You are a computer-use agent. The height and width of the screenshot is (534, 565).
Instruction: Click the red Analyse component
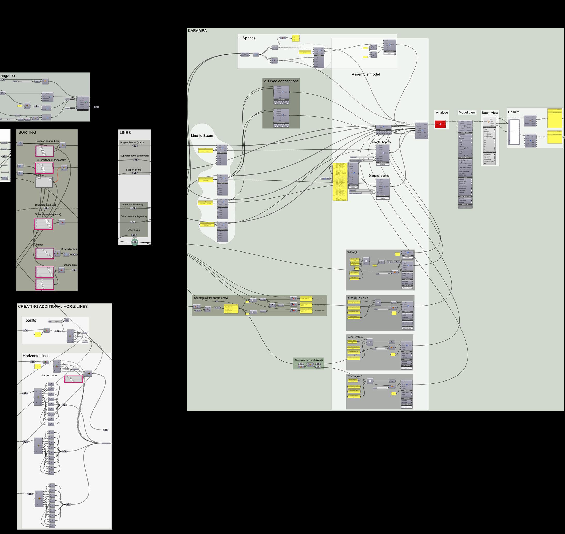pyautogui.click(x=440, y=124)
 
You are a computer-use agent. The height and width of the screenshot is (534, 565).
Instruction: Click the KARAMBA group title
pyautogui.click(x=197, y=31)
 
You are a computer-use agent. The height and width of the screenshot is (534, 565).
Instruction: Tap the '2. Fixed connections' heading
pyautogui.click(x=281, y=81)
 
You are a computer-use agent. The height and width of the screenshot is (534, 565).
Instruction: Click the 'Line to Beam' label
pyautogui.click(x=202, y=136)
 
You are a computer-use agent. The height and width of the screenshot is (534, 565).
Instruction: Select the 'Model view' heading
pyautogui.click(x=467, y=113)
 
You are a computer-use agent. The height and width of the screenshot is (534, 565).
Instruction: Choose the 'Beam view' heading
pyautogui.click(x=490, y=113)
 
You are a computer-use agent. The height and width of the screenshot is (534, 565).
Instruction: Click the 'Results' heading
pyautogui.click(x=513, y=112)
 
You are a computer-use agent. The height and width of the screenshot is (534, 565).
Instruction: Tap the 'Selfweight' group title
pyautogui.click(x=352, y=253)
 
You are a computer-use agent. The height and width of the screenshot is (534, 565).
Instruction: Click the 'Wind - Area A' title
pyautogui.click(x=355, y=337)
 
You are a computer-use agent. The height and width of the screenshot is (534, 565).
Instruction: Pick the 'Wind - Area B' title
pyautogui.click(x=355, y=377)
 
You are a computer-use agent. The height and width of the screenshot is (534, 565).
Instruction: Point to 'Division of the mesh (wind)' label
pyautogui.click(x=308, y=360)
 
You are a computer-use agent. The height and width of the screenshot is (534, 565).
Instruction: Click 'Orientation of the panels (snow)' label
pyautogui.click(x=211, y=298)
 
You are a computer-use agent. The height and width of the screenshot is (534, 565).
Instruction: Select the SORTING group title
pyautogui.click(x=27, y=133)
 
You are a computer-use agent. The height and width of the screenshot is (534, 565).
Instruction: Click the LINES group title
pyautogui.click(x=125, y=133)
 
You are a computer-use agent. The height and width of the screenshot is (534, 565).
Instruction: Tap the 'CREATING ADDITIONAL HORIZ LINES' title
pyautogui.click(x=53, y=307)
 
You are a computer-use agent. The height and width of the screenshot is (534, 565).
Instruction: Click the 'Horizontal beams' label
pyautogui.click(x=379, y=142)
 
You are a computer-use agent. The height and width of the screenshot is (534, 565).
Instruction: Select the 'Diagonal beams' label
pyautogui.click(x=379, y=176)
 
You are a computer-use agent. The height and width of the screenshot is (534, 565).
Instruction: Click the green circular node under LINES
pyautogui.click(x=135, y=242)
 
